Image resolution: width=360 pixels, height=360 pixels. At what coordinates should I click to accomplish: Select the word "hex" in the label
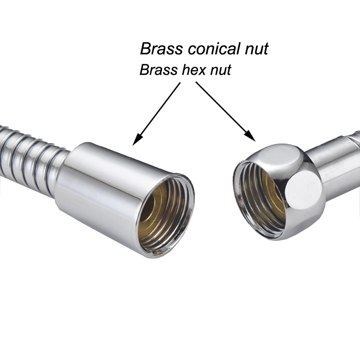pos(197,70)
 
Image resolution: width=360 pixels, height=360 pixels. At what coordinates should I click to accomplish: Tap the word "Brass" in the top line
pos(160,49)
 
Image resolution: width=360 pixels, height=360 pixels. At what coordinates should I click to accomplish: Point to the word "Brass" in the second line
pos(157,70)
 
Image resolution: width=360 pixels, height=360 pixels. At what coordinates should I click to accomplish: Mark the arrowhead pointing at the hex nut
pos(250,135)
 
